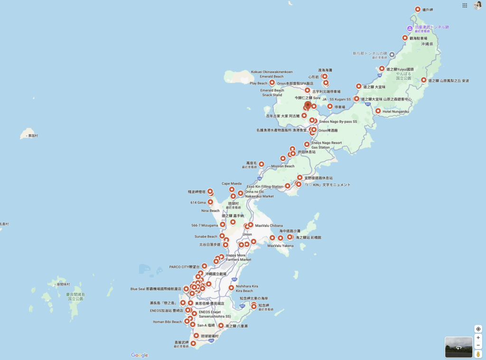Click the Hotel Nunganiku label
click(395, 111)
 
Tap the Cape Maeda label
click(232, 184)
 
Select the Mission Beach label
click(283, 166)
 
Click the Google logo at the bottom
click(140, 355)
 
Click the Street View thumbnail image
click(458, 347)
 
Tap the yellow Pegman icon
click(478, 354)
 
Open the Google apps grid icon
click(465, 5)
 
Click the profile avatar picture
click(477, 5)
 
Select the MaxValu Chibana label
click(269, 225)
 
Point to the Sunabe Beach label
click(206, 236)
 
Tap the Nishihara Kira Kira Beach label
click(247, 288)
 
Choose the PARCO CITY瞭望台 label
click(185, 267)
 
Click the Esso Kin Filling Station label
click(265, 186)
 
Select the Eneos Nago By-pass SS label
click(338, 121)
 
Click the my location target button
click(478, 329)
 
